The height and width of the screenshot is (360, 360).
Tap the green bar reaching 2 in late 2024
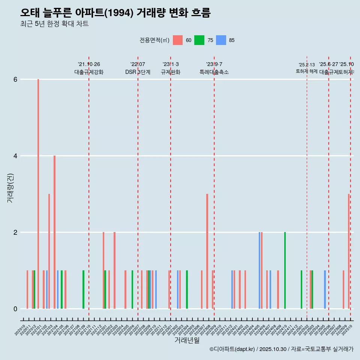tap(285, 270)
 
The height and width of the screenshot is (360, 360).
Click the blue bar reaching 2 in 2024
tap(259, 270)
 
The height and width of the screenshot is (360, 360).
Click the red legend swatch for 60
tap(178, 40)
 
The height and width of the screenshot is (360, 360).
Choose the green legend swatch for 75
tap(199, 40)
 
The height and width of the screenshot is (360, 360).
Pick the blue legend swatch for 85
tap(221, 40)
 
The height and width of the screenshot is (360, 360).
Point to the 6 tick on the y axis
tap(15, 79)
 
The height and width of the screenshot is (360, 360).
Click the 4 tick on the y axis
tap(15, 156)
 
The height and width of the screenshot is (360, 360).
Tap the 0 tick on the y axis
tap(15, 309)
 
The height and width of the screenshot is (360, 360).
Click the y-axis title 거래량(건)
tap(10, 188)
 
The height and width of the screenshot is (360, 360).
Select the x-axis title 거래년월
tap(187, 340)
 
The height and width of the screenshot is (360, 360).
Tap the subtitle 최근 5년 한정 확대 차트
tap(54, 24)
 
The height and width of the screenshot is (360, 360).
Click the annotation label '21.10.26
tap(89, 64)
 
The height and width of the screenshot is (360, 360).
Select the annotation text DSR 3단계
tap(138, 72)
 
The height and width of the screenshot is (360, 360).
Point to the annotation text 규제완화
tap(171, 72)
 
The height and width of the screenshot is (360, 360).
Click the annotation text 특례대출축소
tap(214, 72)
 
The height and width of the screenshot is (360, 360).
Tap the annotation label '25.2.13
tap(307, 65)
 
